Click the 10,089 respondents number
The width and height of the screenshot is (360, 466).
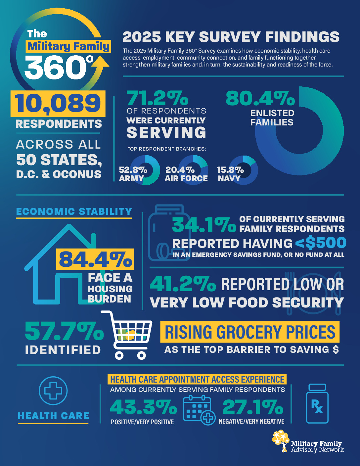pyautogui.click(x=58, y=104)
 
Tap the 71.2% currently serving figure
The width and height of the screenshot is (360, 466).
pyautogui.click(x=157, y=98)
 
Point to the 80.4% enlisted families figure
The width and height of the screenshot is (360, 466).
pyautogui.click(x=260, y=98)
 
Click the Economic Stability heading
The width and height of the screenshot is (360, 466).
pyautogui.click(x=74, y=212)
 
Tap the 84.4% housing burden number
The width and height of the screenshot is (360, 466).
pyautogui.click(x=95, y=259)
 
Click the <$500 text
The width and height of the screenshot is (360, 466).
pyautogui.click(x=321, y=243)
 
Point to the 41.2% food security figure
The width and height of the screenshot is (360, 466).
pyautogui.click(x=183, y=284)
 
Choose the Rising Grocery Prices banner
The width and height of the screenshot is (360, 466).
pyautogui.click(x=250, y=332)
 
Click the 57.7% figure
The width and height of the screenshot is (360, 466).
pyautogui.click(x=64, y=332)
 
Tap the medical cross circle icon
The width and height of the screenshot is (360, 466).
pyautogui.click(x=53, y=391)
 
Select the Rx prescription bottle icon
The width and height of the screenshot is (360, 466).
pyautogui.click(x=317, y=403)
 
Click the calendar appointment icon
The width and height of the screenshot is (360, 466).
pyautogui.click(x=199, y=410)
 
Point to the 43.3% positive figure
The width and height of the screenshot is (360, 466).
pyautogui.click(x=144, y=407)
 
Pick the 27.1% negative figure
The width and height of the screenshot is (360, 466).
pyautogui.click(x=253, y=407)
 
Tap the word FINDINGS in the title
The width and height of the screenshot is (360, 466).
pyautogui.click(x=302, y=37)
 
